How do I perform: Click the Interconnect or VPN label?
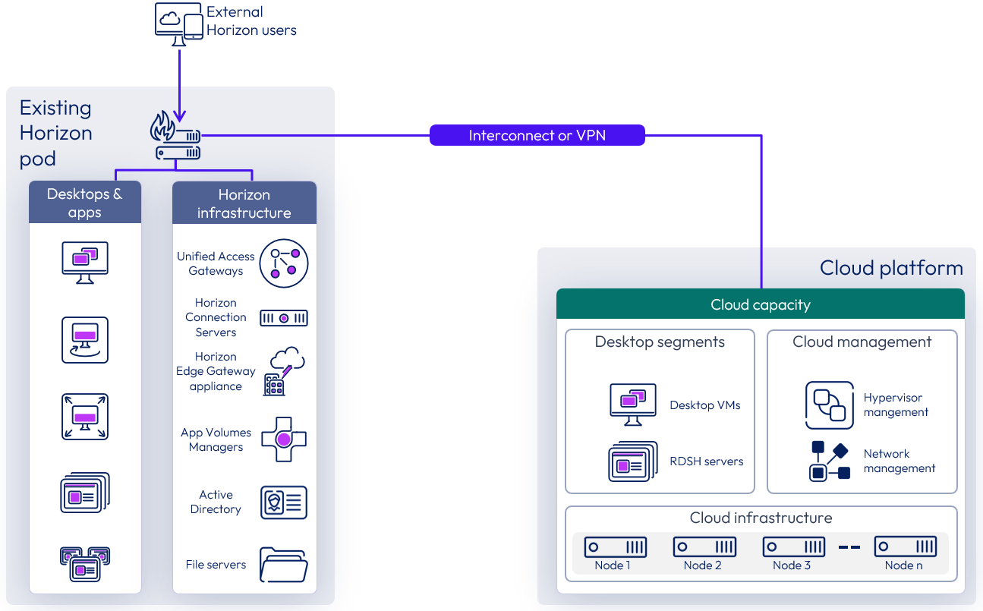point(537,136)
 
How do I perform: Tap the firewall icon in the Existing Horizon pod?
point(177,137)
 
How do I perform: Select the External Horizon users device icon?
point(178,22)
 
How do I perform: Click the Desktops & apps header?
point(85,203)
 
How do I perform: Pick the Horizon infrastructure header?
point(244,203)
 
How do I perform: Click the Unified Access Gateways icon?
point(284,263)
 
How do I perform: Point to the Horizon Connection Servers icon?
point(284,318)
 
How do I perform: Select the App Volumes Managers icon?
point(284,439)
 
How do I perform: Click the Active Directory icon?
point(284,502)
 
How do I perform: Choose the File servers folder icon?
point(284,564)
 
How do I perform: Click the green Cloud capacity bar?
point(760,304)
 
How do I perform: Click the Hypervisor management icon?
point(829,405)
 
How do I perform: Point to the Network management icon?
point(829,461)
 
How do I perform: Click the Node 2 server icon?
point(704,546)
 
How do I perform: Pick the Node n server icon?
point(905,546)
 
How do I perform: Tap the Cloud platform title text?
point(891,268)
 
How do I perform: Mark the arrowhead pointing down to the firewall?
point(179,116)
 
